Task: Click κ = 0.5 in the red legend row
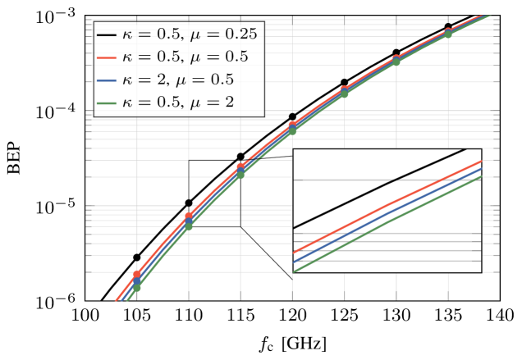coord(153,57)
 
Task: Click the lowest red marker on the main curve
coord(137,276)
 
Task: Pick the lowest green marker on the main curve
coord(136,287)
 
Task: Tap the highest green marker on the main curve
coord(448,35)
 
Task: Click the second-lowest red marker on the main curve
coord(189,216)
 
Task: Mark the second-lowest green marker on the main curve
coord(188,226)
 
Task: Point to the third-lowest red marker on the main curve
coord(240,167)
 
